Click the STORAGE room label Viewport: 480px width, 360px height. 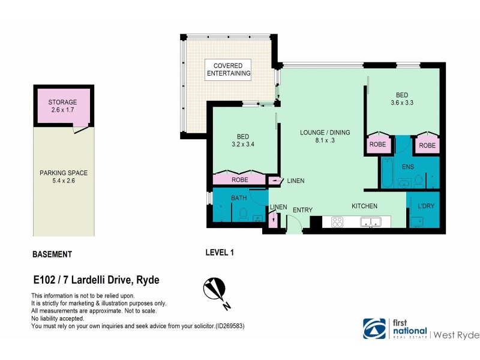click(x=62, y=103)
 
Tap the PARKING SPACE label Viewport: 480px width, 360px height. click(x=63, y=173)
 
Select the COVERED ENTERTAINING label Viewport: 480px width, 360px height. click(x=228, y=69)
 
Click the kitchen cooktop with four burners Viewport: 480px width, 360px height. click(x=337, y=222)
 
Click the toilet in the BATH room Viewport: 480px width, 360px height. click(x=244, y=214)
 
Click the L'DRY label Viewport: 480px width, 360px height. click(x=427, y=206)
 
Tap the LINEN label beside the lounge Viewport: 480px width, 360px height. click(x=295, y=181)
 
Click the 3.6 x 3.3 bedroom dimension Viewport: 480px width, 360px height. click(x=401, y=103)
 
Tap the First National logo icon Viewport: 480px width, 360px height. click(x=374, y=328)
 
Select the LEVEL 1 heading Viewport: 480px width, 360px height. click(x=219, y=253)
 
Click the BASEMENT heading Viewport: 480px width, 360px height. click(x=52, y=254)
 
